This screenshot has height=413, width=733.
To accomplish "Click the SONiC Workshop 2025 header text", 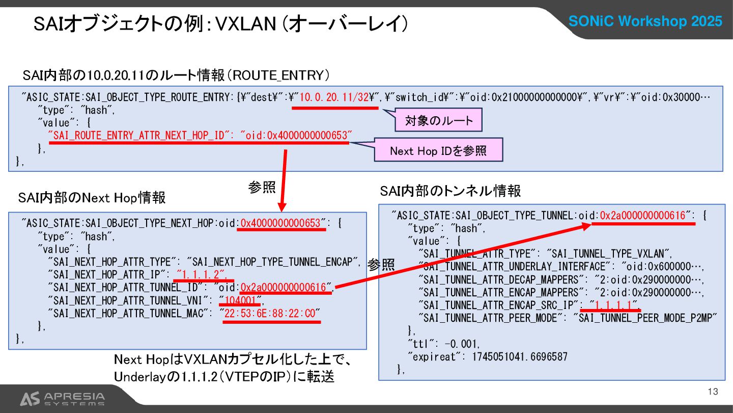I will (x=645, y=21).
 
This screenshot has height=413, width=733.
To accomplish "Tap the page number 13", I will (x=713, y=392).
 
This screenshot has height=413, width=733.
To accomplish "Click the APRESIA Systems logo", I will (x=62, y=398).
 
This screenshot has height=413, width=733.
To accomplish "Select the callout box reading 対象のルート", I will (x=439, y=121).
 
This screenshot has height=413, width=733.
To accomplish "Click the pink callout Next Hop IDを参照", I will (x=438, y=150).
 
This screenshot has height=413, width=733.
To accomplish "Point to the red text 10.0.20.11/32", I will (x=334, y=98).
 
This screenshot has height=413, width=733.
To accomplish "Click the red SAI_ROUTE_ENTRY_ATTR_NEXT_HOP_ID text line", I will (x=200, y=136).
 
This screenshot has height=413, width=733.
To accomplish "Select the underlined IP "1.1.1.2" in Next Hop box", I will (x=202, y=274).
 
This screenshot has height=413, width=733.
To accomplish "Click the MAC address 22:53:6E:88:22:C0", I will (x=270, y=313).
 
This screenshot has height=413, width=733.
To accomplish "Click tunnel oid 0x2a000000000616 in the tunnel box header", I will (x=643, y=216).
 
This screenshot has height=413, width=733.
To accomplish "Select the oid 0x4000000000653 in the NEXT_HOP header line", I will (x=280, y=223).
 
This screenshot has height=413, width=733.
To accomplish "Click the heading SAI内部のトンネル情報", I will (x=450, y=191).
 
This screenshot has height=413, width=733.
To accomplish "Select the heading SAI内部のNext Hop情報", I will (x=92, y=197).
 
